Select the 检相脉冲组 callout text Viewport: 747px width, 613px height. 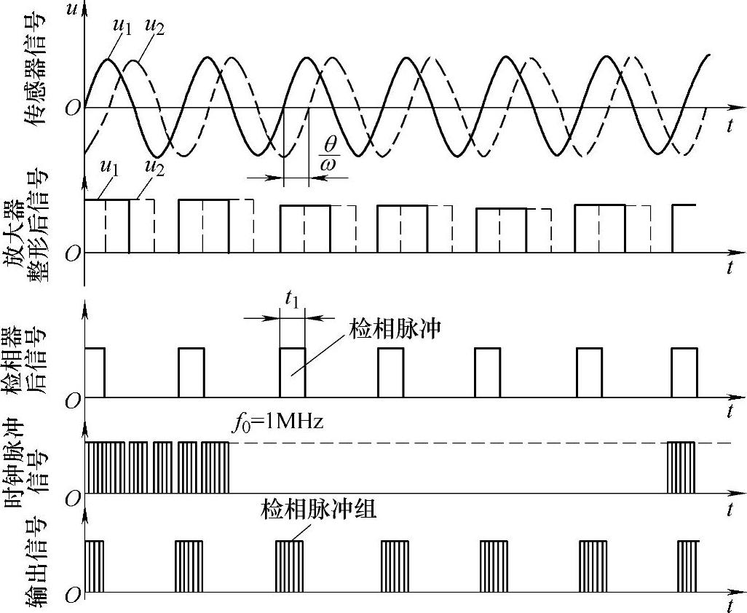click(x=318, y=510)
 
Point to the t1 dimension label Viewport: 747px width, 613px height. click(x=292, y=298)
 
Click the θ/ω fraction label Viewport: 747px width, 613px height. click(x=328, y=154)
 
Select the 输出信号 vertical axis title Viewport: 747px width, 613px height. click(x=38, y=561)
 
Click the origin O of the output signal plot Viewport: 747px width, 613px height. click(x=71, y=596)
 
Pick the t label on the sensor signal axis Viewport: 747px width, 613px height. click(x=730, y=126)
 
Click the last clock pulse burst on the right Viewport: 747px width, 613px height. click(x=682, y=467)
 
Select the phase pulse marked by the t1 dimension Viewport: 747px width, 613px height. click(x=292, y=373)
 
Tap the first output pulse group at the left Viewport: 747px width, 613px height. click(x=95, y=566)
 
